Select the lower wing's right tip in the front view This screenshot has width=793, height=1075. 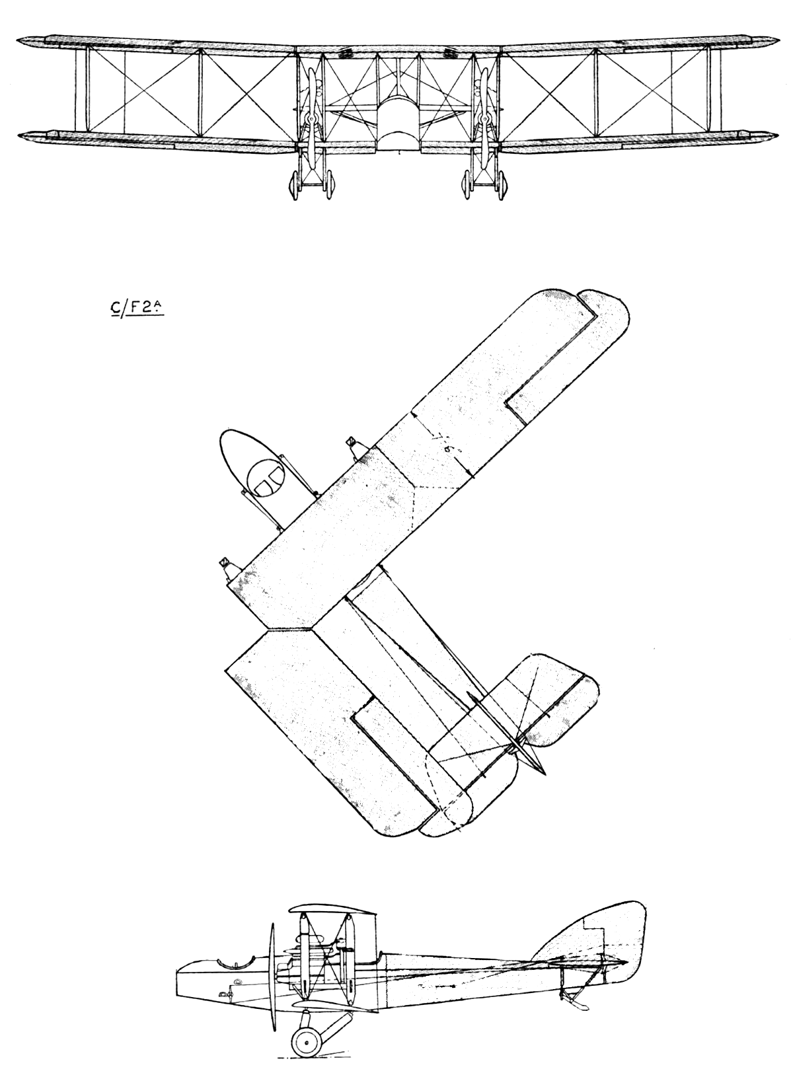point(772,137)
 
